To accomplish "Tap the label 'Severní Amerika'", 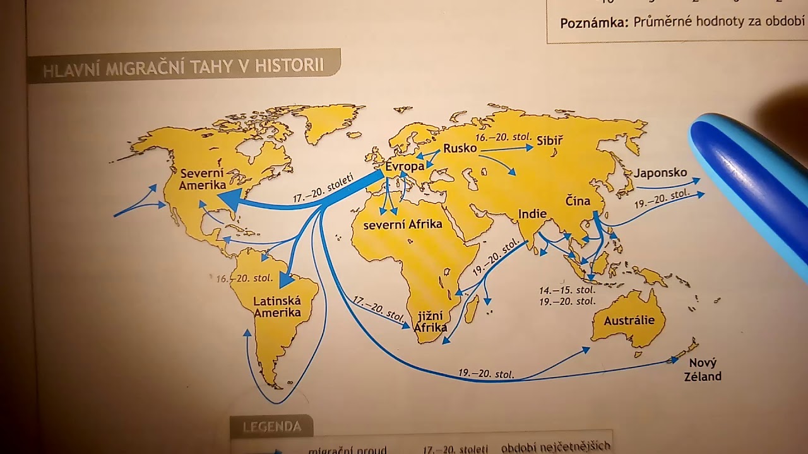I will [x=203, y=179].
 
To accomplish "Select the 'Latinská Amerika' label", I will [x=277, y=307].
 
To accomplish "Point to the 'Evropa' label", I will [x=405, y=166].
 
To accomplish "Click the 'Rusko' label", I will [x=460, y=149].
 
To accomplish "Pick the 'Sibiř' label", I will [x=549, y=141].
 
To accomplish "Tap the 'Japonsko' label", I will [x=660, y=173].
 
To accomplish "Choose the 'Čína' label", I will [x=578, y=201].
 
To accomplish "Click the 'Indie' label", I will [x=532, y=214].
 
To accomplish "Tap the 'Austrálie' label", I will [x=629, y=320].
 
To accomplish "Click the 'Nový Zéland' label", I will [x=704, y=370].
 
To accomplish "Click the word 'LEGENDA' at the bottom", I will [x=272, y=427].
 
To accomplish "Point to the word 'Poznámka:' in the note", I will [x=594, y=23].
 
